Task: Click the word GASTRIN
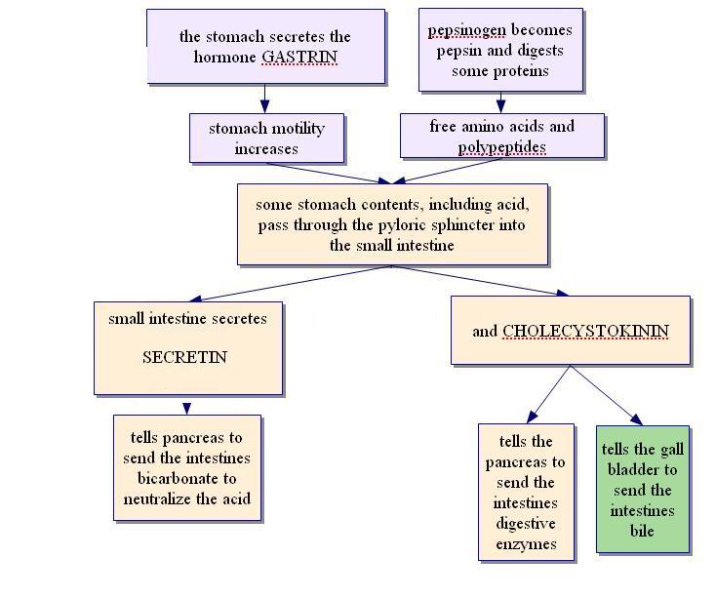pyautogui.click(x=298, y=57)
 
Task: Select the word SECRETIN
pyautogui.click(x=184, y=357)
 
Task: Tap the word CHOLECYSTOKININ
pyautogui.click(x=585, y=331)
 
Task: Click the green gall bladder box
pyautogui.click(x=642, y=489)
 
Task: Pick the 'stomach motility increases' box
pyautogui.click(x=266, y=139)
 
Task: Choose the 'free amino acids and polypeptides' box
pyautogui.click(x=501, y=137)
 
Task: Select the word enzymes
pyautogui.click(x=527, y=543)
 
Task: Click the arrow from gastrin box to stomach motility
pyautogui.click(x=264, y=98)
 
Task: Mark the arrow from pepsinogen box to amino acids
pyautogui.click(x=501, y=101)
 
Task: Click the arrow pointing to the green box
pyautogui.click(x=607, y=394)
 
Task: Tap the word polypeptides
pyautogui.click(x=501, y=147)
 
